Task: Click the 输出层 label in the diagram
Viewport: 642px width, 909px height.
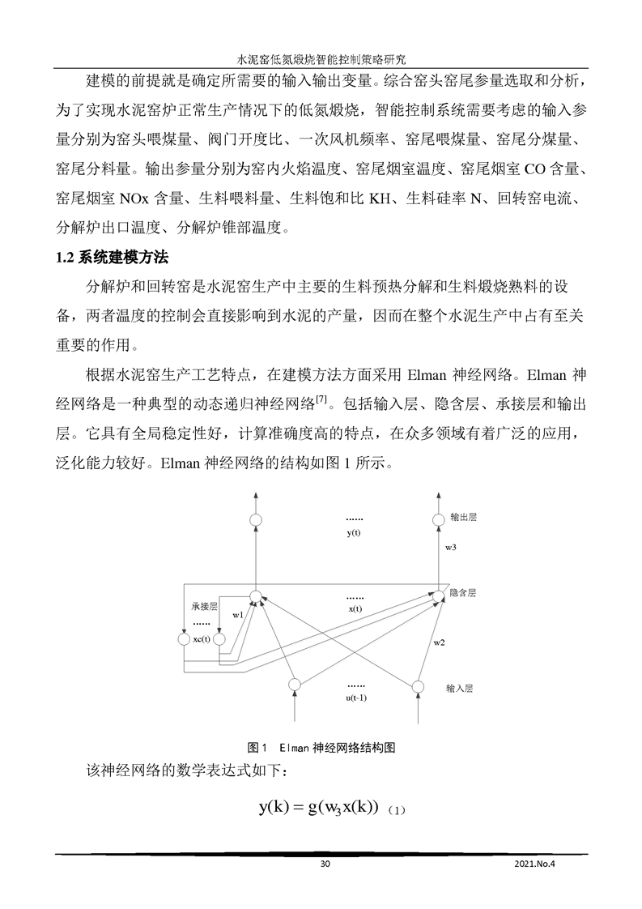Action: click(463, 516)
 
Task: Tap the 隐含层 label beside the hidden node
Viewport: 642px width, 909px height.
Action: click(462, 593)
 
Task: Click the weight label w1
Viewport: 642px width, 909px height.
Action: click(237, 616)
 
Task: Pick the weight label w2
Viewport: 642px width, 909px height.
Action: click(439, 642)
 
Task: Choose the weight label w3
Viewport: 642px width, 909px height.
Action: click(451, 548)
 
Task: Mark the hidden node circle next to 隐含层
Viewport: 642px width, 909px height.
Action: click(438, 596)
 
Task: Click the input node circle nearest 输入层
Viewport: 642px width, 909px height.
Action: click(418, 687)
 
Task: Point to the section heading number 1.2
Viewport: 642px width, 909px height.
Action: click(66, 258)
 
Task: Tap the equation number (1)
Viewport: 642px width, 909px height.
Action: click(396, 810)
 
